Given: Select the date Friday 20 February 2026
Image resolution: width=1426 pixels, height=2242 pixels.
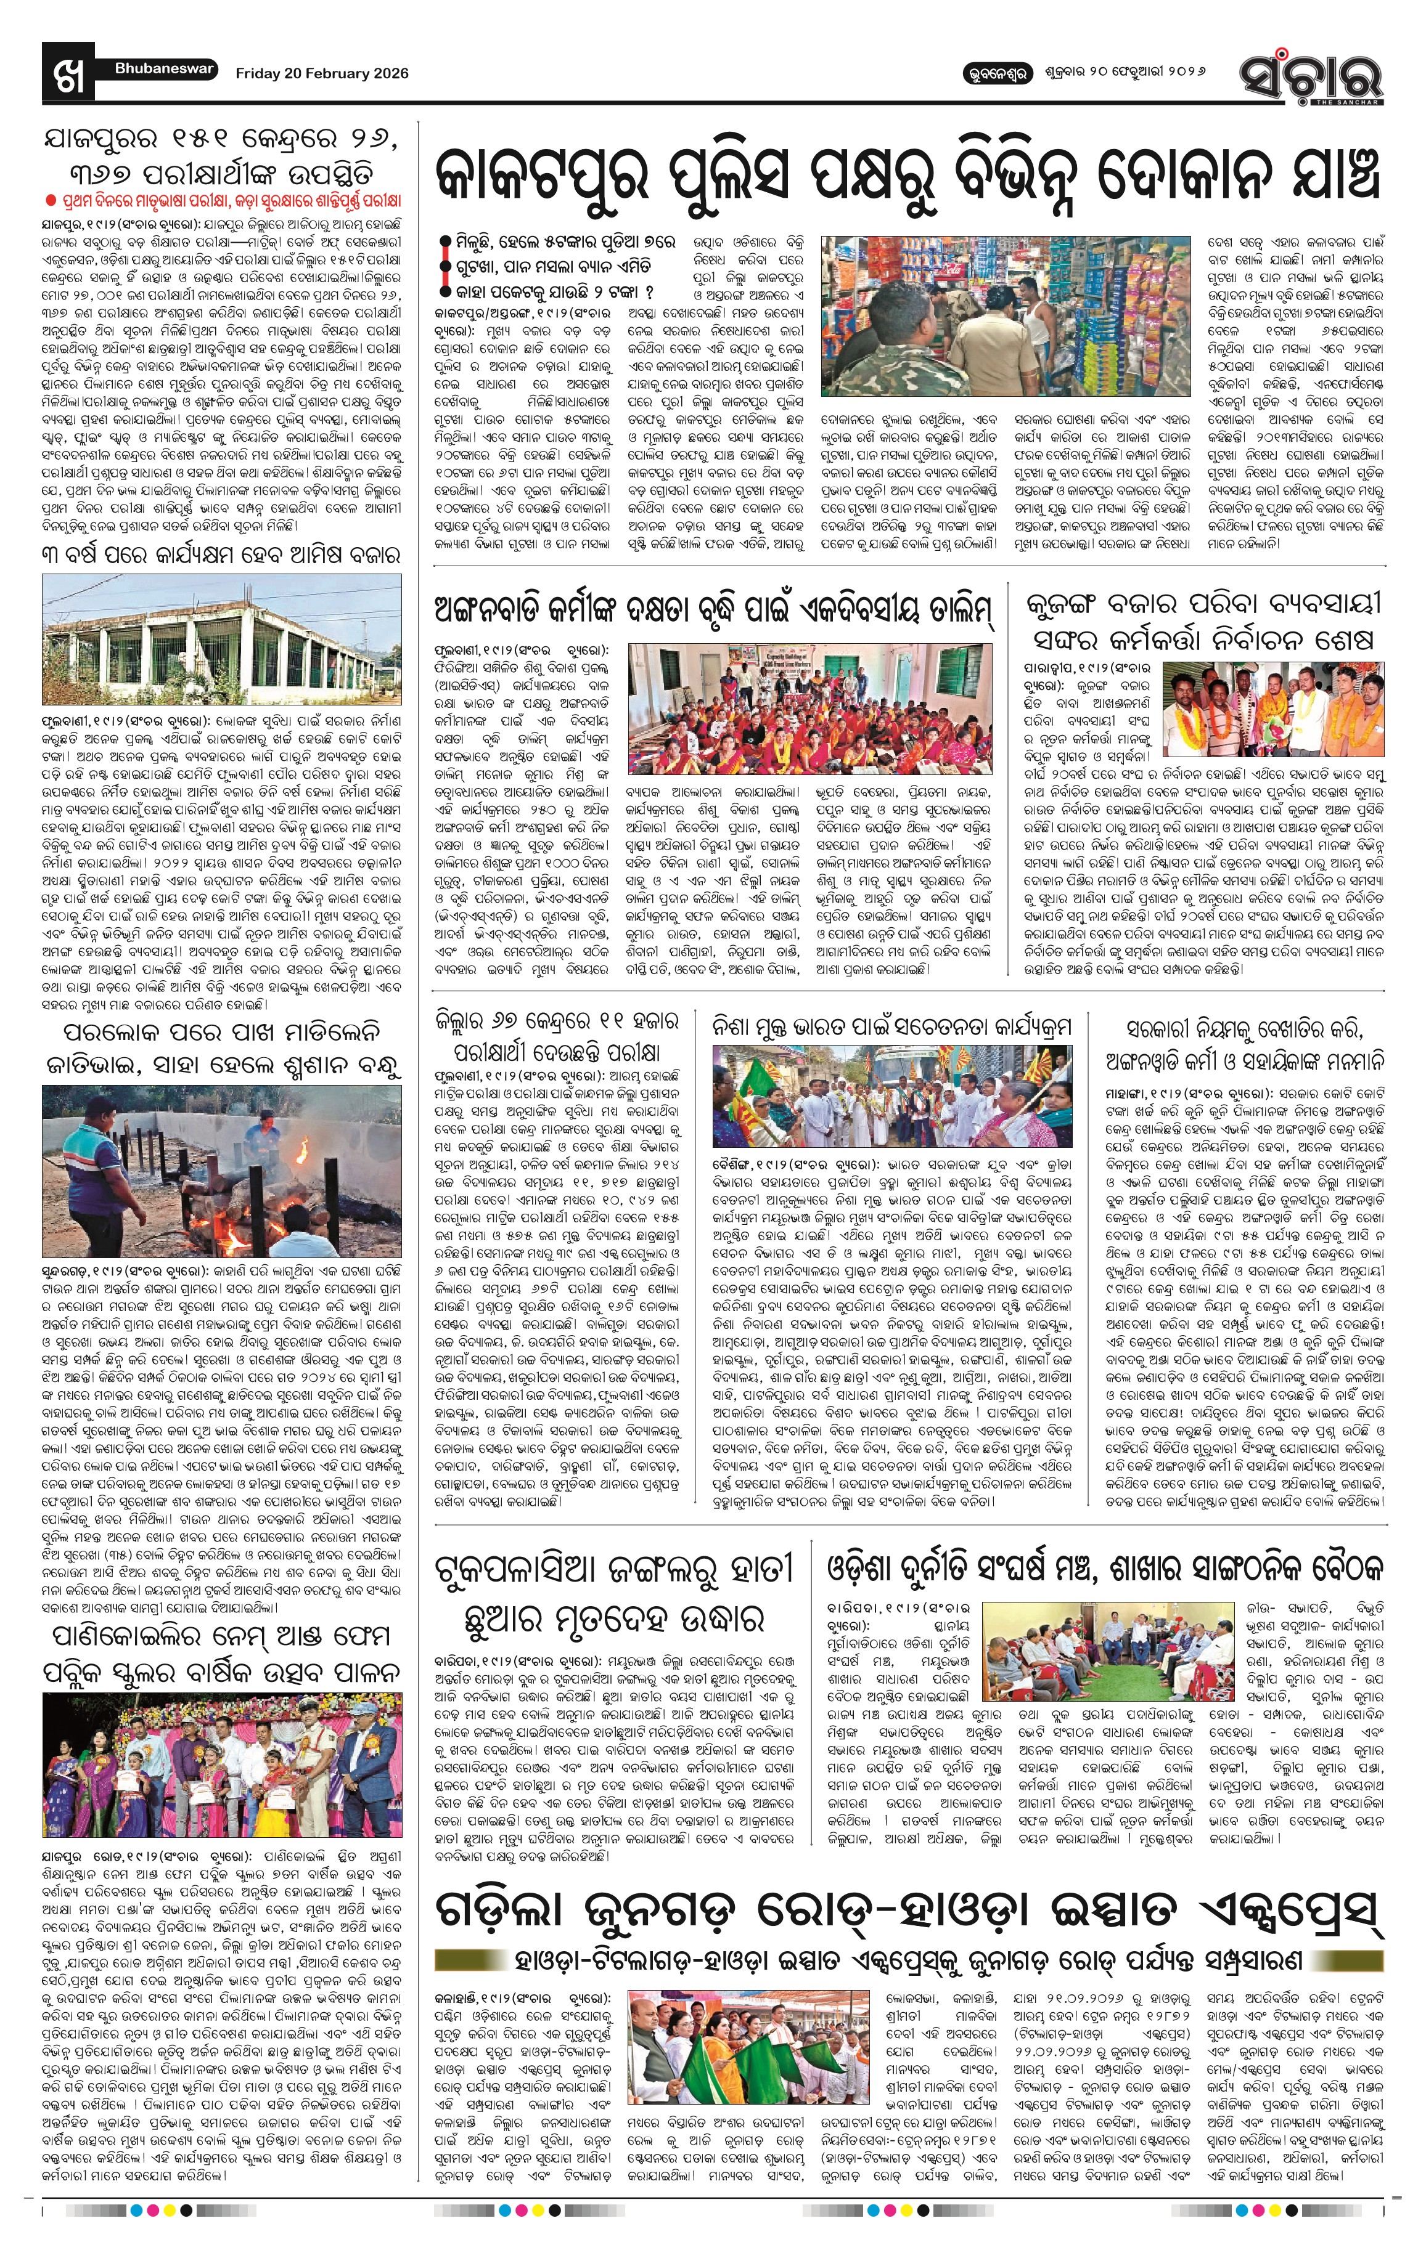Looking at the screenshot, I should tap(321, 73).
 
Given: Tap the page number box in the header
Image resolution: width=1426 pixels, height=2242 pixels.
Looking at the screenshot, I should tap(68, 73).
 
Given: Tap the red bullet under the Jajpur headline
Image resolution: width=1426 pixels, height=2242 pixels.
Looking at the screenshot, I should tap(51, 200).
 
